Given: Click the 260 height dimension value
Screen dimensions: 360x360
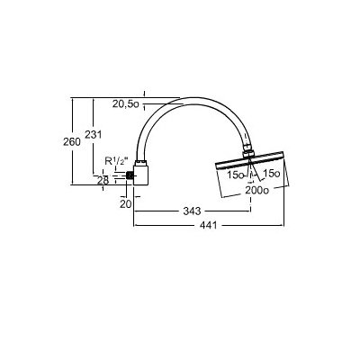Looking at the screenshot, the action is point(72,141).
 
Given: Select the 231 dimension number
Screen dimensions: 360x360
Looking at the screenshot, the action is point(94,134).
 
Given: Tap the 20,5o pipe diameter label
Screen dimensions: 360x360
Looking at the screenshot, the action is point(126,104).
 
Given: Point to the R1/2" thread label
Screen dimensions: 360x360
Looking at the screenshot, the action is point(116,161).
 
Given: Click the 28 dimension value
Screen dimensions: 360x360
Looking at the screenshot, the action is point(103,180).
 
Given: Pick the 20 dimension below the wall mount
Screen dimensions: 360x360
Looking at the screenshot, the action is point(126,204).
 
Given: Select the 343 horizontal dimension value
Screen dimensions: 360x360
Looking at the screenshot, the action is point(192,211).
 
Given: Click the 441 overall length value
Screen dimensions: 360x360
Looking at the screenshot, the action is point(208,225).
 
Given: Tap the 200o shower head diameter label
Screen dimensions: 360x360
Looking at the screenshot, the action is point(256,190).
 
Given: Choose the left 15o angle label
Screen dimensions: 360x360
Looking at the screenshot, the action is point(236,175).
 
